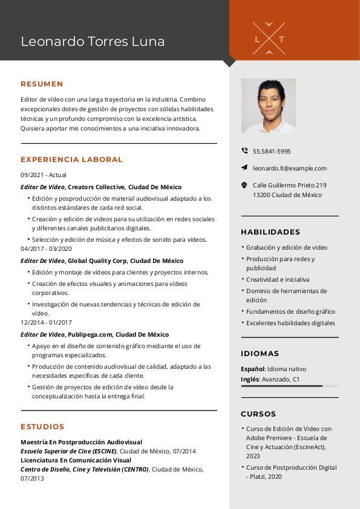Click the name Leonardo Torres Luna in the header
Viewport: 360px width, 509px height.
pos(93,42)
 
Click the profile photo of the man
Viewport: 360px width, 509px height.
pos(269,106)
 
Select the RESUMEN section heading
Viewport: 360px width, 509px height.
pos(42,84)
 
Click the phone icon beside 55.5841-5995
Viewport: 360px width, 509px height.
pos(244,151)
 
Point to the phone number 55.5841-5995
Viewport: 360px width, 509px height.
pos(272,152)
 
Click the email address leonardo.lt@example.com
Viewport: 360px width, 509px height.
pos(290,169)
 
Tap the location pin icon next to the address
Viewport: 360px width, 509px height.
pos(244,186)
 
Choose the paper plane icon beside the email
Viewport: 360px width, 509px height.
pos(244,168)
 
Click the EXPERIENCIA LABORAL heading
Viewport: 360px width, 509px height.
pos(71,160)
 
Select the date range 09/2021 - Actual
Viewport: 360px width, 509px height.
pos(44,175)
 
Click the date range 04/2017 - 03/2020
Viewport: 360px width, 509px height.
pos(46,249)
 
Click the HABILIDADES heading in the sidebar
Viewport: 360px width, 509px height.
pos(270,232)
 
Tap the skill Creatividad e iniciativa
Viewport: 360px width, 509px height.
pos(278,280)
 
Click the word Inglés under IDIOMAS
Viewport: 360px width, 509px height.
pos(250,380)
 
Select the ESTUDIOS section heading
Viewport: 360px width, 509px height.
pos(42,427)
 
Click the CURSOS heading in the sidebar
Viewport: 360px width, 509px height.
pos(258,414)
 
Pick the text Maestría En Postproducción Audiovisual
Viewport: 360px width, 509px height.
pos(81,443)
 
